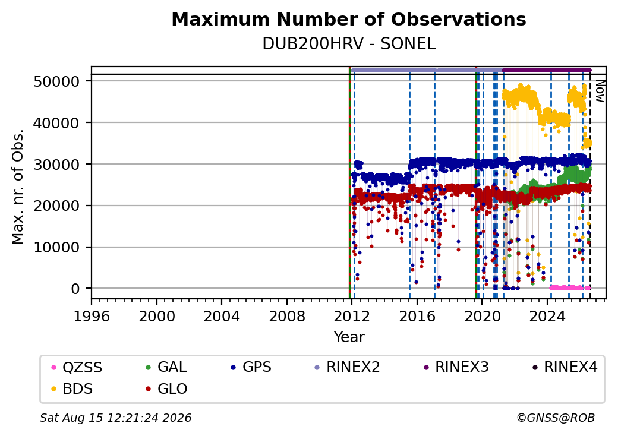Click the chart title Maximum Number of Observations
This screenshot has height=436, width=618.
click(349, 19)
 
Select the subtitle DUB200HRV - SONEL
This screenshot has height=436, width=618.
click(349, 44)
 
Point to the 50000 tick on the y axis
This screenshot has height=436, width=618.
click(57, 81)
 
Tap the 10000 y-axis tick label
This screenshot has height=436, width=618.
click(57, 248)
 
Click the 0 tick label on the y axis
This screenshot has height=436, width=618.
click(75, 289)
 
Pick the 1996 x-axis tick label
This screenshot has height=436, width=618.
click(92, 316)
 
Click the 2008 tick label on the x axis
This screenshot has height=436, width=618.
click(286, 316)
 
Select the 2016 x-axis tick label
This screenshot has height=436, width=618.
click(417, 316)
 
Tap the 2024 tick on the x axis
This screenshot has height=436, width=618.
click(547, 316)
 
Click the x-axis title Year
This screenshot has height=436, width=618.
click(349, 337)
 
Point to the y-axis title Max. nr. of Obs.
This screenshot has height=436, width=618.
click(17, 187)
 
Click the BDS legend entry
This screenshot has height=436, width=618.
click(72, 389)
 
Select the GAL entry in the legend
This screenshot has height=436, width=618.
click(166, 367)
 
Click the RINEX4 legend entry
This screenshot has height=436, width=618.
click(565, 367)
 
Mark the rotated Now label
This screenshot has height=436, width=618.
click(600, 91)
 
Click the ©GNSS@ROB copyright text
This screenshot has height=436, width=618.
click(556, 418)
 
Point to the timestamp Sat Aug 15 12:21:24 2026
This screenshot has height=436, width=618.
click(115, 418)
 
